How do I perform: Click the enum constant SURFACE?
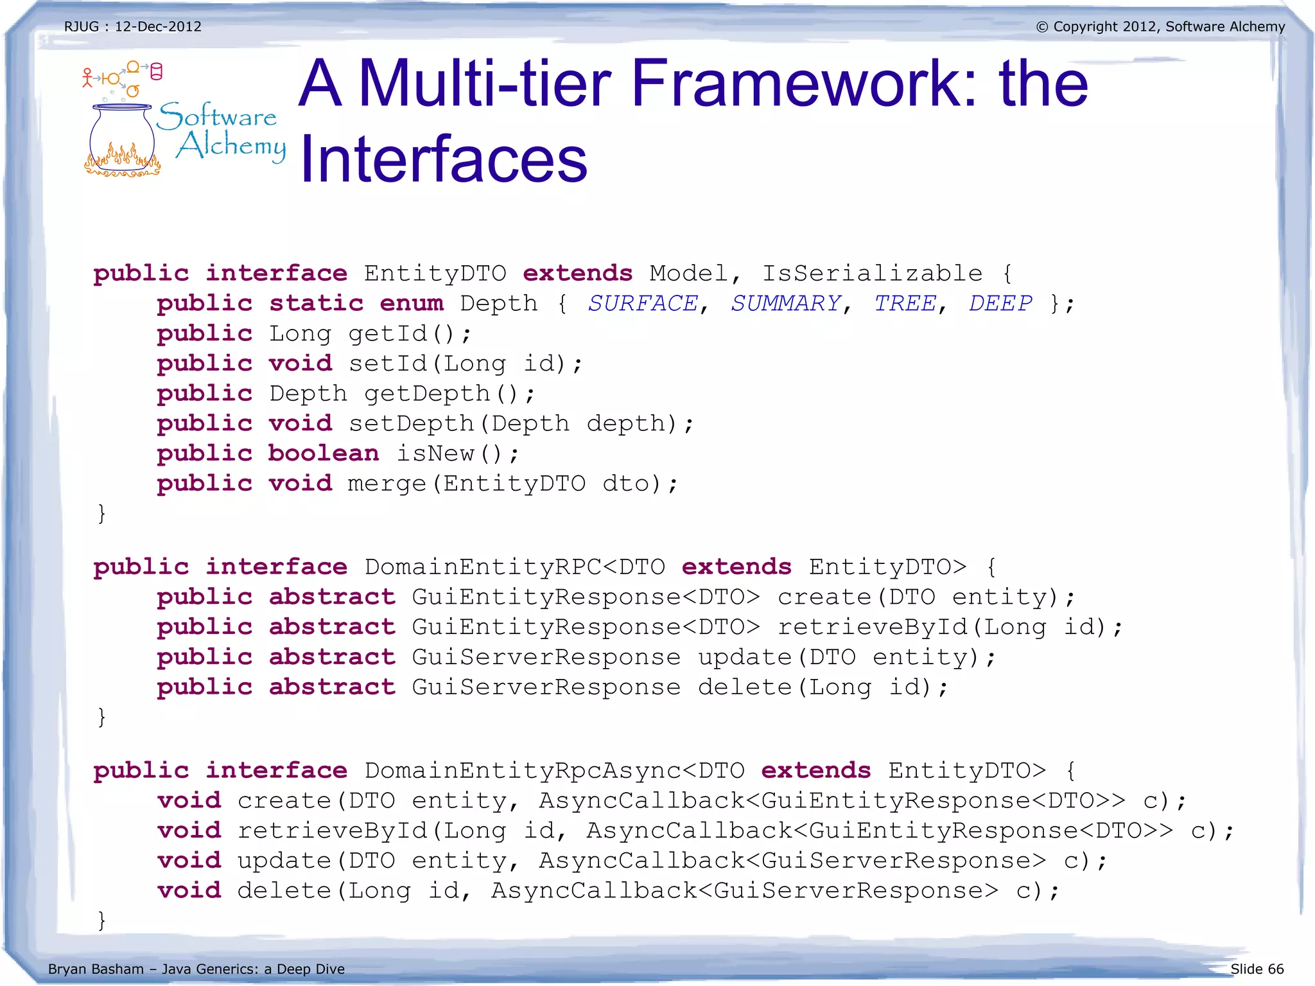point(643,303)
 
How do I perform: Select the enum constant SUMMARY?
point(786,303)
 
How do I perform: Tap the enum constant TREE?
point(905,303)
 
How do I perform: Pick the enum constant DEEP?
point(1000,303)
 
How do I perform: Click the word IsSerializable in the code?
point(872,274)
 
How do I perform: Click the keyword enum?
point(411,303)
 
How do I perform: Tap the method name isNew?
point(435,453)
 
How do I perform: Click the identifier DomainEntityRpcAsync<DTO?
point(555,770)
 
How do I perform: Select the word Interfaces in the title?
point(444,159)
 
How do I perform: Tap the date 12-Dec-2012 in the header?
point(158,27)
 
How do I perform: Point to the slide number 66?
point(1275,969)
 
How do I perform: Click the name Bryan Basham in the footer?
point(96,969)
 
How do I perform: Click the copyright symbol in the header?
point(1042,27)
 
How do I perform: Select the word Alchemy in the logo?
point(231,146)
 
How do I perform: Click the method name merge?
point(387,484)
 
